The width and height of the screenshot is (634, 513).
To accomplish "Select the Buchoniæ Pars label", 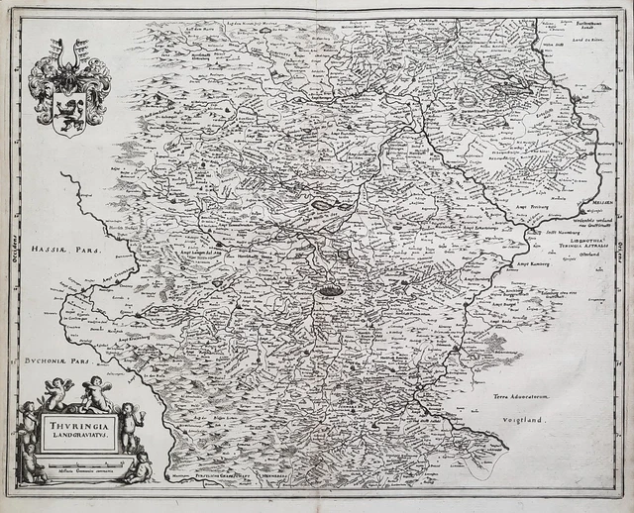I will click(51, 362).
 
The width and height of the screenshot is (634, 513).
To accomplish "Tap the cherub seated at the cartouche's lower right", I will click(140, 465).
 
